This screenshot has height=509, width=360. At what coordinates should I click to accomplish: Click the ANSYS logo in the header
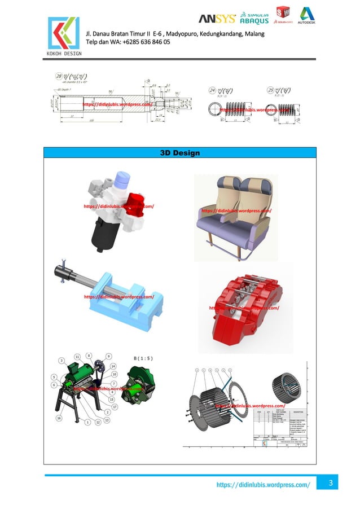(x=217, y=17)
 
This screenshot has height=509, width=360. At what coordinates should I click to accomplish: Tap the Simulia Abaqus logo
(x=254, y=17)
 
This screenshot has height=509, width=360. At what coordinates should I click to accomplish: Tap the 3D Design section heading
(x=180, y=153)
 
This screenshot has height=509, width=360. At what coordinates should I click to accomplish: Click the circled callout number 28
(x=59, y=76)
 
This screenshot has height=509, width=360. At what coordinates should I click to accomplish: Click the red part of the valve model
(x=135, y=203)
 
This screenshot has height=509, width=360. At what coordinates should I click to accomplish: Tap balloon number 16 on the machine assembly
(x=59, y=418)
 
